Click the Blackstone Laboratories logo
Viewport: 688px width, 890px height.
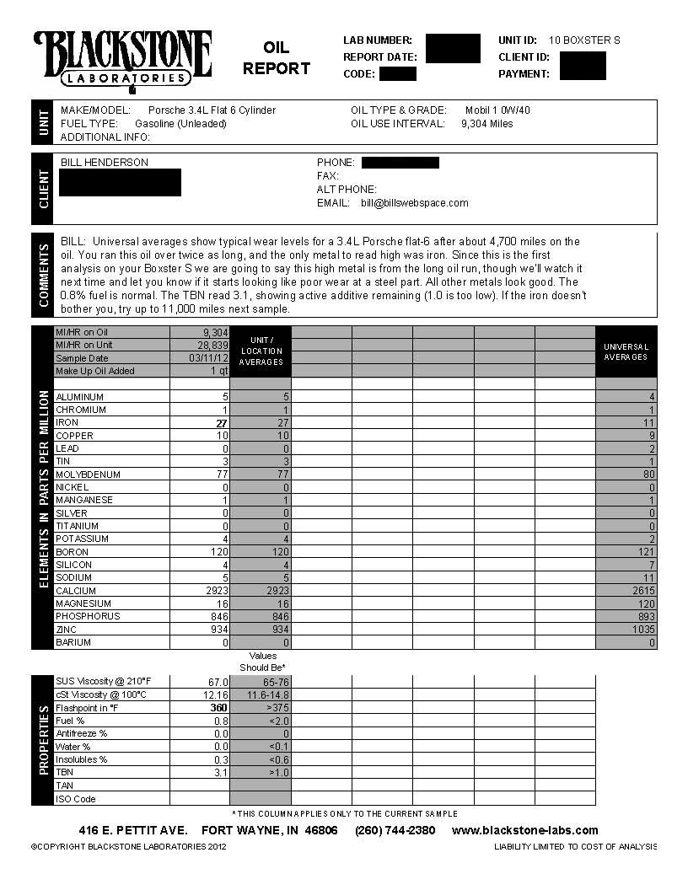(x=122, y=59)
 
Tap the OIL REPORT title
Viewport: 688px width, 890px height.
(x=276, y=58)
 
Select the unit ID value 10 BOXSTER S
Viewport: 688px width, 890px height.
(x=584, y=40)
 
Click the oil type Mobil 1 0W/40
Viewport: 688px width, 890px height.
(x=497, y=110)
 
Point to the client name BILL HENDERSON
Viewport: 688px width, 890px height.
(x=105, y=163)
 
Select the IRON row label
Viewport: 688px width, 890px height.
(x=67, y=423)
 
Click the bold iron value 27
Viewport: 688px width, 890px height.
(x=222, y=423)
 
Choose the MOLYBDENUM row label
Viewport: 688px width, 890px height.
(x=88, y=474)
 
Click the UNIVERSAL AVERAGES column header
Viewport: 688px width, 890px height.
(x=626, y=351)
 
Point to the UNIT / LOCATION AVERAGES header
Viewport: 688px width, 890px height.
(x=261, y=351)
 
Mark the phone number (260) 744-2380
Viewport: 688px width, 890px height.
(x=395, y=830)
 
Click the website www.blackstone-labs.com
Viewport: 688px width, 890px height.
(x=524, y=830)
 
